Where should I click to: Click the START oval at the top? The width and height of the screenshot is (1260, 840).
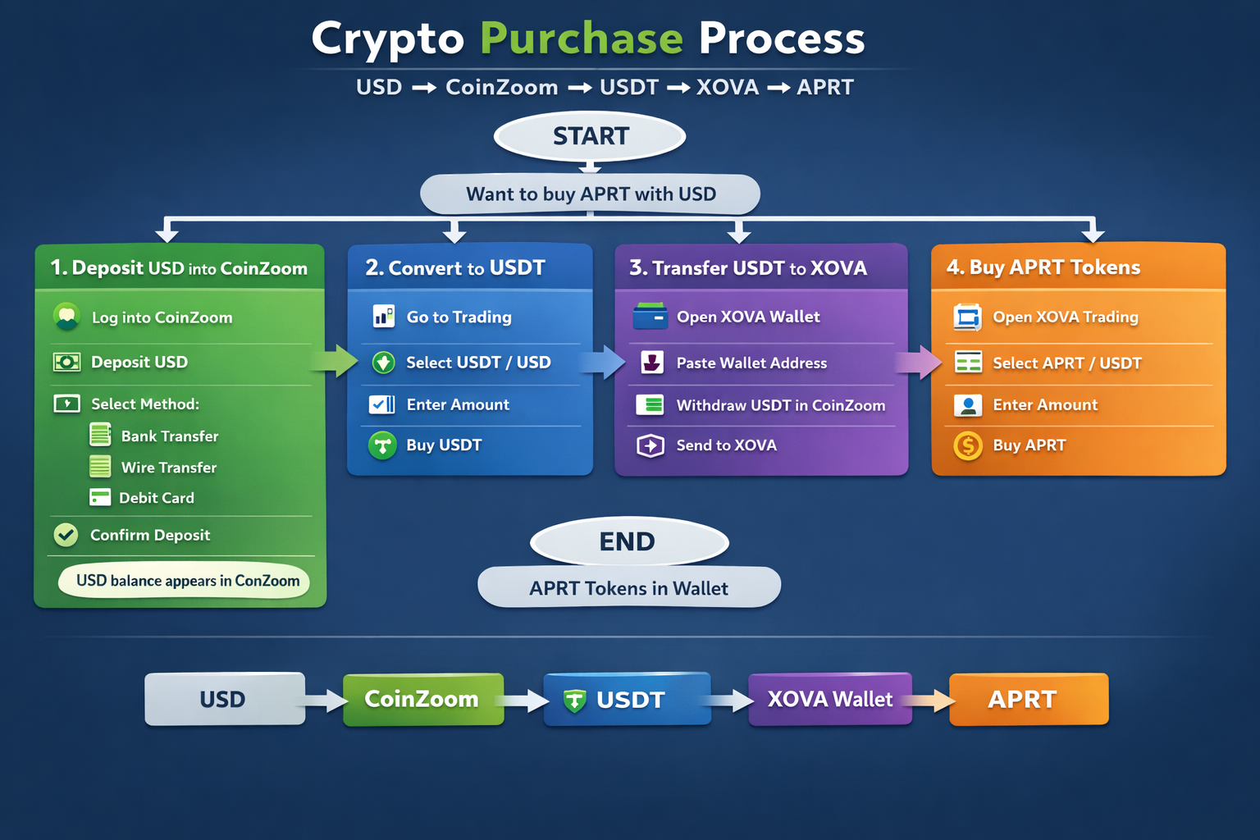590,136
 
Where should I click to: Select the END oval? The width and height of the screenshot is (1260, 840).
628,541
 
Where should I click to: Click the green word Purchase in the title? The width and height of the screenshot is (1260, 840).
581,38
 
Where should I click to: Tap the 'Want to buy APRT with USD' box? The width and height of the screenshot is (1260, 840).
591,194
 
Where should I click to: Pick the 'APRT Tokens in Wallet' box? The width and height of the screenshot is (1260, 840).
628,588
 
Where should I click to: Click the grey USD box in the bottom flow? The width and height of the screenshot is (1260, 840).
224,699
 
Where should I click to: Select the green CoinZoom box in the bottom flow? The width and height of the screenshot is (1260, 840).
422,699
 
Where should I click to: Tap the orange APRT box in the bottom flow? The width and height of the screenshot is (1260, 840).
1028,699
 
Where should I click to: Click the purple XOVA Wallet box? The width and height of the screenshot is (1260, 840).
829,699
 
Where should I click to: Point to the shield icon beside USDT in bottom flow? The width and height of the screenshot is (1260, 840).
574,701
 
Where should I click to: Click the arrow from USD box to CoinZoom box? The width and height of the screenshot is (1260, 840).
325,701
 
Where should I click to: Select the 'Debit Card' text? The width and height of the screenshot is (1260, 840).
157,498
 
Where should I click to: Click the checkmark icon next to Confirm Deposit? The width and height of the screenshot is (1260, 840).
66,535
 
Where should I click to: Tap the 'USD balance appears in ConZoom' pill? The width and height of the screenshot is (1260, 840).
185,581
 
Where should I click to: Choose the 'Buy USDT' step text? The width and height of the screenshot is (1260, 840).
444,445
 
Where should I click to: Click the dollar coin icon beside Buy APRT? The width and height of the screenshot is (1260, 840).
968,445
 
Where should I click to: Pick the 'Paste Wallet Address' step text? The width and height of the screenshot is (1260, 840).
751,363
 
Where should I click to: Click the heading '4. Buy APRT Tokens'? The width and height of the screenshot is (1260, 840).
1043,267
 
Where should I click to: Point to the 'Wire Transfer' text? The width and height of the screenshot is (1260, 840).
169,468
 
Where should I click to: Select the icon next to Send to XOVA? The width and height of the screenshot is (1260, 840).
651,445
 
